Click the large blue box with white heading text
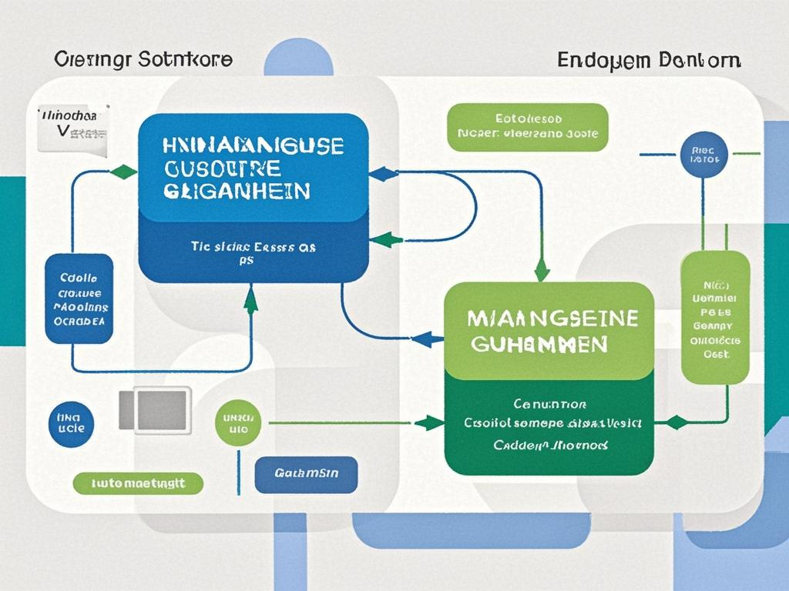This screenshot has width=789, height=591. tap(253, 198)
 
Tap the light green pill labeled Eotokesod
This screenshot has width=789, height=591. tap(527, 128)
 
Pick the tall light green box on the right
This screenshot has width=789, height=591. tap(715, 317)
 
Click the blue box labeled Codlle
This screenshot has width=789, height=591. tap(79, 299)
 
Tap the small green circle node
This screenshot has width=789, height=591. tap(238, 423)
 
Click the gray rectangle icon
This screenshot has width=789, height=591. tap(155, 409)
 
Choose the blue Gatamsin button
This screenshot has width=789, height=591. tap(306, 476)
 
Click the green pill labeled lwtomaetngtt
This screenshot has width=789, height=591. tap(138, 483)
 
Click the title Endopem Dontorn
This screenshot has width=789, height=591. tap(648, 60)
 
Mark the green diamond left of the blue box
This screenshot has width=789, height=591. tap(123, 172)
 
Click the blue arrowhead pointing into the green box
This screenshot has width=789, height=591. tap(429, 338)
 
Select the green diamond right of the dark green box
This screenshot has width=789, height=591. tap(676, 422)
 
